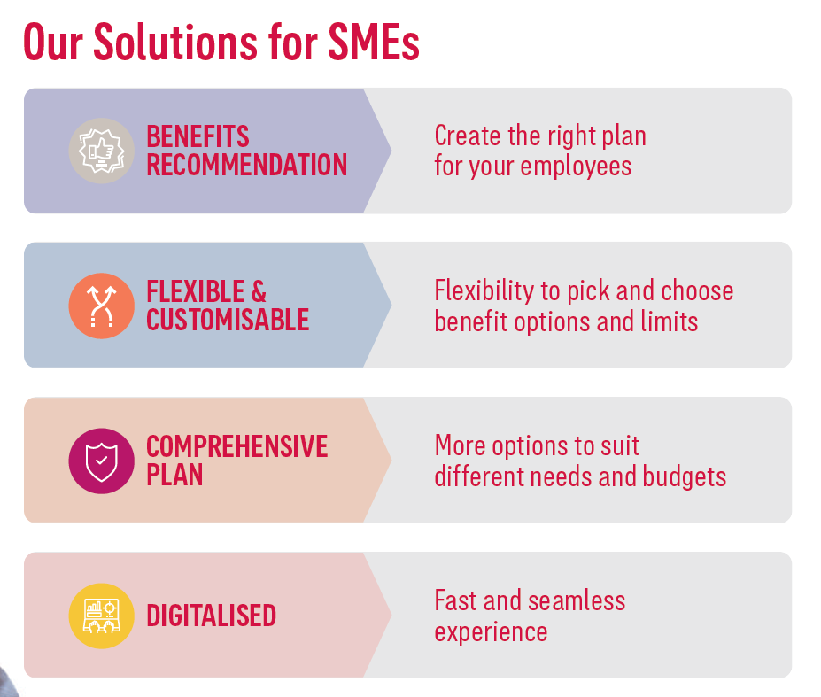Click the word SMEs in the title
374,42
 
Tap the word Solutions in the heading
175,42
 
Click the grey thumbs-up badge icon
102,151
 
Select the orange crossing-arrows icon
102,306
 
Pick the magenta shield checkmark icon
102,461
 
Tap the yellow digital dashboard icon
102,616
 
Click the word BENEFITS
198,136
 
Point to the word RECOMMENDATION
246,165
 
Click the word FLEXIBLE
196,291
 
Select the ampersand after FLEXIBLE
259,291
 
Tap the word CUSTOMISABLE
228,320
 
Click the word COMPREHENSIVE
237,446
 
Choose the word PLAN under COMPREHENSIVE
174,475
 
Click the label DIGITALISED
211,616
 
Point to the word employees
576,167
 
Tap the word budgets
685,477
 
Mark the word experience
492,632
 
